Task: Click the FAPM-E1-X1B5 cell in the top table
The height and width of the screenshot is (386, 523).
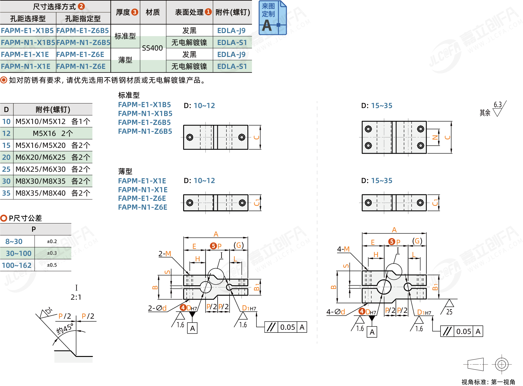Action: [x=27, y=31]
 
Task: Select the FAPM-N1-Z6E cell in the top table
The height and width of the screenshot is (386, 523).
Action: [x=81, y=66]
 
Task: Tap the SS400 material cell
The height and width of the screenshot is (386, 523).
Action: [x=152, y=48]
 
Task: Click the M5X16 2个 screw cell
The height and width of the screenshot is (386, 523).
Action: [x=53, y=133]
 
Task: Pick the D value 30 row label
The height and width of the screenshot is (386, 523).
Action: [x=6, y=181]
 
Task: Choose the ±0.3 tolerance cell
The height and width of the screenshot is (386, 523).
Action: [x=52, y=253]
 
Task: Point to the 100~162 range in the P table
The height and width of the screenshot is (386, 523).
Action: [x=17, y=265]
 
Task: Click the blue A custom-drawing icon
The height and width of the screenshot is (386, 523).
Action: [x=272, y=18]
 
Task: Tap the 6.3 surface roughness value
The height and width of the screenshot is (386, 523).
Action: [x=498, y=105]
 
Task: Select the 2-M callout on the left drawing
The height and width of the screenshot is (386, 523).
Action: [x=164, y=254]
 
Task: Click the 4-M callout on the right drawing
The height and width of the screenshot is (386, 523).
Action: [x=343, y=249]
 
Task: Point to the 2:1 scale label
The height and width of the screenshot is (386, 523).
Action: [x=76, y=297]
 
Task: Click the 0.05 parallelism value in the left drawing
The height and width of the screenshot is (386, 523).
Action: [x=288, y=327]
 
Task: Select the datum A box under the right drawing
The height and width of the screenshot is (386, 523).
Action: [x=372, y=332]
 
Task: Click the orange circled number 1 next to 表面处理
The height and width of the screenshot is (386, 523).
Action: [x=208, y=12]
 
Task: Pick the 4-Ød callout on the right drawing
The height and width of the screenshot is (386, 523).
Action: [x=336, y=312]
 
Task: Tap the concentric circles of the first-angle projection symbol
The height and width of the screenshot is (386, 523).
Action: [x=502, y=364]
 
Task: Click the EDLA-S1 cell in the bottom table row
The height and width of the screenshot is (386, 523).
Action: [x=232, y=66]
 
